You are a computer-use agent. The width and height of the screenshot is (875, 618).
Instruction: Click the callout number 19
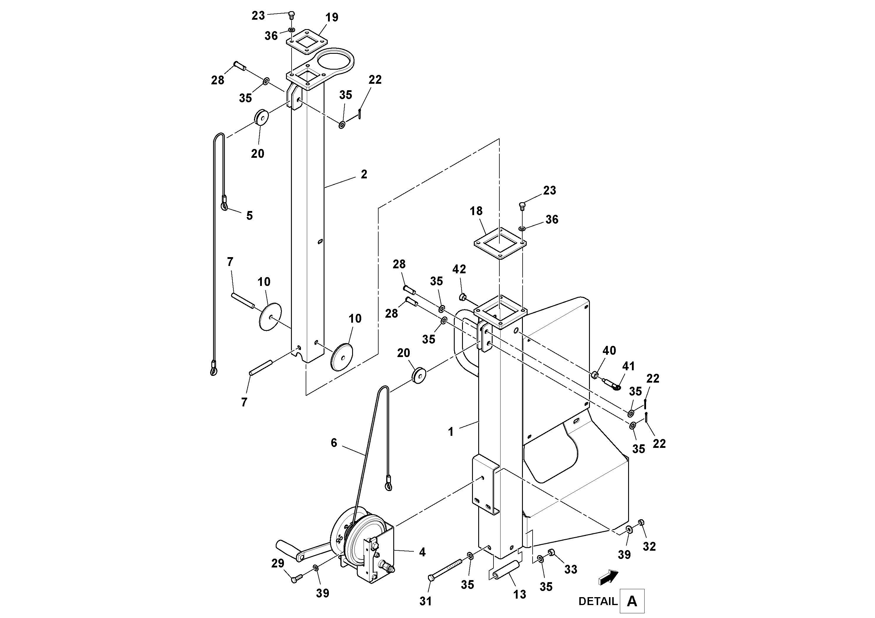pos(332,18)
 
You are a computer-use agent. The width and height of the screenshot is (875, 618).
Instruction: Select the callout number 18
pos(476,211)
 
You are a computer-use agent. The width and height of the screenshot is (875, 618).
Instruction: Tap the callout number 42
pos(459,269)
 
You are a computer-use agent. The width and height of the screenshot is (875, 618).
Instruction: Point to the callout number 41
pos(628,366)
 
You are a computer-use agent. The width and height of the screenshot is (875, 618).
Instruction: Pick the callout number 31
pos(426,601)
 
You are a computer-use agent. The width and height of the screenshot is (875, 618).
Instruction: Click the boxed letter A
pos(632,601)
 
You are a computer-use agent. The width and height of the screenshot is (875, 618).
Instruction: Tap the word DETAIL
pos(598,601)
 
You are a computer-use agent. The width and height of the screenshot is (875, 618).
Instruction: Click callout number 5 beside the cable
pos(249,216)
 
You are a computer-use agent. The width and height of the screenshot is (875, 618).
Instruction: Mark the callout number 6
pos(334,443)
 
